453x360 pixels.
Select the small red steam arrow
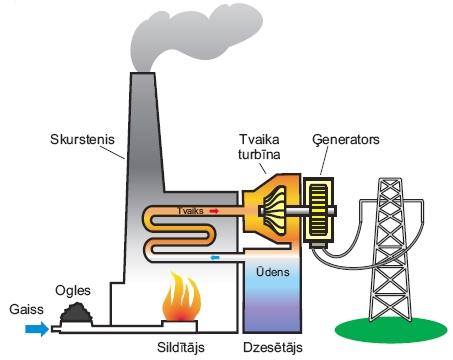tap(212, 212)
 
